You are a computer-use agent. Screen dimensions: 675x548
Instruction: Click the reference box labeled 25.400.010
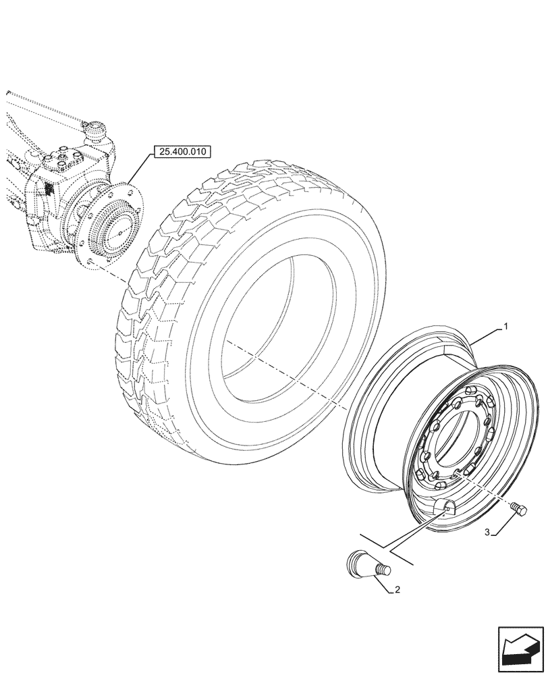tap(178, 152)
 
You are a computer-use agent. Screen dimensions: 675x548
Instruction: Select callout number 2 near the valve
tap(397, 589)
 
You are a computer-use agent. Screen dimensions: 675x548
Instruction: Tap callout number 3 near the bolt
tap(487, 533)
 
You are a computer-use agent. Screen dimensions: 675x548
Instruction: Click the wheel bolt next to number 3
tap(520, 510)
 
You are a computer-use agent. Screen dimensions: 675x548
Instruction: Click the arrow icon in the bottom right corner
tap(520, 649)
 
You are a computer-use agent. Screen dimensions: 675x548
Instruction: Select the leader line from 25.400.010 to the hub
tap(139, 173)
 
